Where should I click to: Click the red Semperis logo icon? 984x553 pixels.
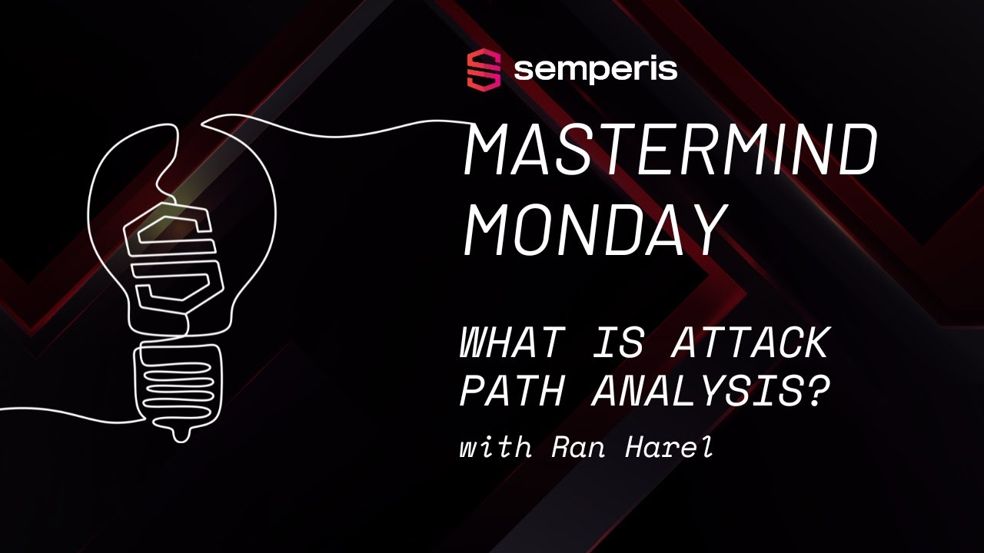tap(484, 70)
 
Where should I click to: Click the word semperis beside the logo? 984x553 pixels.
tap(596, 70)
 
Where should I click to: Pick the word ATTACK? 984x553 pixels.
tap(750, 344)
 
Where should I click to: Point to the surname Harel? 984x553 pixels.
tap(670, 448)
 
